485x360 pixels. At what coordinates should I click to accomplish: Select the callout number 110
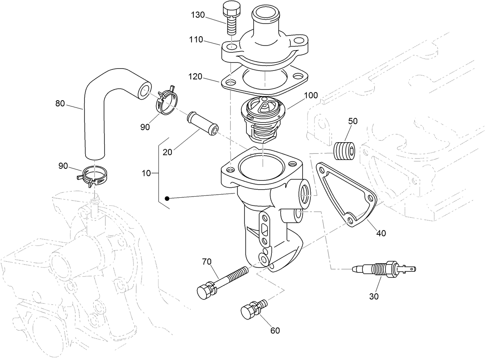point(196,40)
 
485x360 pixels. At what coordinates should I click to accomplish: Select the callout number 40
point(381,233)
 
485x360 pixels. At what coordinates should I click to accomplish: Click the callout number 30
point(374,296)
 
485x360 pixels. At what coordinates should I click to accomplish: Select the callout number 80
point(60,103)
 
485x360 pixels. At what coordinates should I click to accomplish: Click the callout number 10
point(146,173)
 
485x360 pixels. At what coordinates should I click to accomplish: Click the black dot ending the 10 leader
point(167,199)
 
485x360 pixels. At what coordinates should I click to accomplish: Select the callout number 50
point(353,121)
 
